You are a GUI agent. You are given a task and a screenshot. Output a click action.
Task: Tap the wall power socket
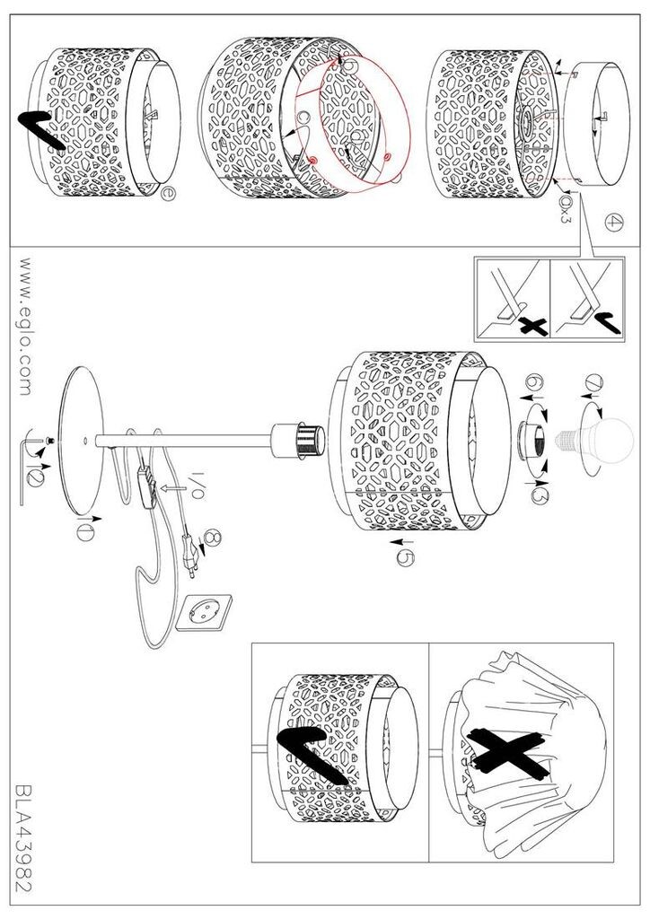[x=204, y=613]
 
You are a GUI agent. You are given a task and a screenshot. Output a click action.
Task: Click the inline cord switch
[x=148, y=484]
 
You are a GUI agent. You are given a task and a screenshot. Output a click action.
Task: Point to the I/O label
[x=197, y=486]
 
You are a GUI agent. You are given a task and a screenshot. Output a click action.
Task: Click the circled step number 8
[x=212, y=538]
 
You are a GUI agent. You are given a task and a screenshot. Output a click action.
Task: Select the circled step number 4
[x=614, y=223]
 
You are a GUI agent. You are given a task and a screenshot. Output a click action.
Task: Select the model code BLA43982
[x=23, y=839]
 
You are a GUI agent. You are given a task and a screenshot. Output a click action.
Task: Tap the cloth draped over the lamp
[x=528, y=756]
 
